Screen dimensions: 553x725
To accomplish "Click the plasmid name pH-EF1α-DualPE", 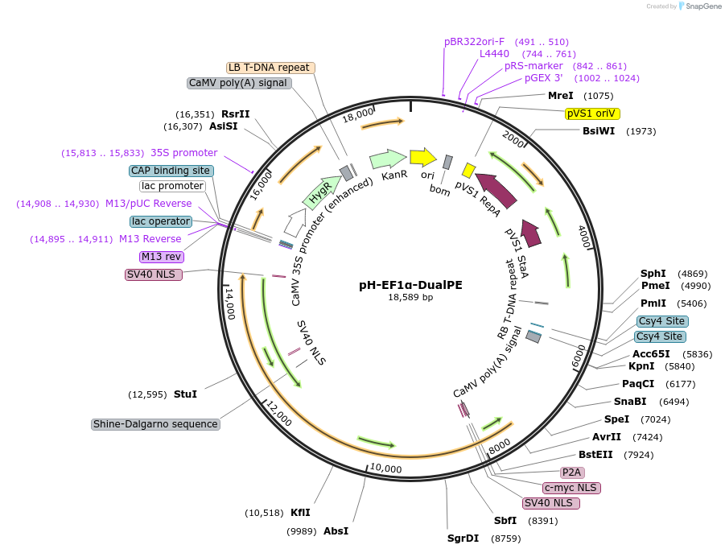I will (x=410, y=284).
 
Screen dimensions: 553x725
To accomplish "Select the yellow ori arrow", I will (x=422, y=157).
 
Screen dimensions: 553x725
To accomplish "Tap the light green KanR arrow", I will (x=388, y=159).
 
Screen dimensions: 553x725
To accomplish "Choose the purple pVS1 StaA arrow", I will (x=531, y=231).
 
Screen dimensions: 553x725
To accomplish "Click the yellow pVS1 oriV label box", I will (x=592, y=113).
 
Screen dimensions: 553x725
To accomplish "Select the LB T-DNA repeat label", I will (x=269, y=68).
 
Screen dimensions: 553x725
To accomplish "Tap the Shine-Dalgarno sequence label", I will (x=155, y=424).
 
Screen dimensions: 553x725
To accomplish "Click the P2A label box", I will (x=572, y=473).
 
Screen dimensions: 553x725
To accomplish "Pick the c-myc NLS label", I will (x=571, y=488).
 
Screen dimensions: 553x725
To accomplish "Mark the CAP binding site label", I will (x=171, y=171).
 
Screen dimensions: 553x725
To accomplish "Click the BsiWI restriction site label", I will (x=599, y=131).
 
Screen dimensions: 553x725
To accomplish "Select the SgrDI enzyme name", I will (x=463, y=538).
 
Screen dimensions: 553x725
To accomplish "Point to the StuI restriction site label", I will (x=185, y=394).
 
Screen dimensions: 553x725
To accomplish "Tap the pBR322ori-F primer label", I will (x=474, y=41).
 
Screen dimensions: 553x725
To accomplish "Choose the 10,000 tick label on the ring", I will (x=385, y=468).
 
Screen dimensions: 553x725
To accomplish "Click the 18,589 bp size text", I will (x=410, y=297).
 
